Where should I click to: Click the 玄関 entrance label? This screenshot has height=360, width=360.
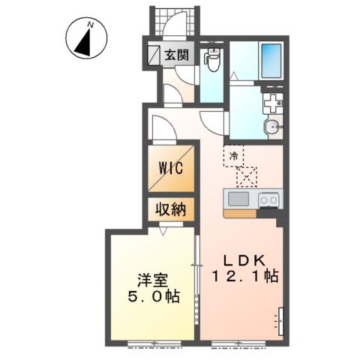pyautogui.click(x=176, y=55)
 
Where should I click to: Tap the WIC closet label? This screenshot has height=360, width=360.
pyautogui.click(x=171, y=168)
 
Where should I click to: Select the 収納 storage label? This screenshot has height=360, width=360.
pyautogui.click(x=171, y=209)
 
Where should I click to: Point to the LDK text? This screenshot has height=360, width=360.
pyautogui.click(x=244, y=261)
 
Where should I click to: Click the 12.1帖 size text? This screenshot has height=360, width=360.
pyautogui.click(x=245, y=276)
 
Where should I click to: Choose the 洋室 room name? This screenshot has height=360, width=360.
pyautogui.click(x=152, y=281)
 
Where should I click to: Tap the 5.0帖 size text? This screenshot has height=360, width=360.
pyautogui.click(x=154, y=297)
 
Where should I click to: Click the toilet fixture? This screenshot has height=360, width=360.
pyautogui.click(x=211, y=59)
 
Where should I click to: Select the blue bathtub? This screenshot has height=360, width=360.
pyautogui.click(x=271, y=61)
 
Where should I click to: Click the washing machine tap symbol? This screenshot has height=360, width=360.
pyautogui.click(x=273, y=103)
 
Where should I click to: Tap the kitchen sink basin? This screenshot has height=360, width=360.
pyautogui.click(x=238, y=199)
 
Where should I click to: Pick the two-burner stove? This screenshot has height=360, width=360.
pyautogui.click(x=268, y=200)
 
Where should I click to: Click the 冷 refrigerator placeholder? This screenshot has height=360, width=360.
pyautogui.click(x=234, y=156)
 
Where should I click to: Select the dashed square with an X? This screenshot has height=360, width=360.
pyautogui.click(x=247, y=177)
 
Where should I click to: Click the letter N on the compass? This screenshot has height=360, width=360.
pyautogui.click(x=91, y=25)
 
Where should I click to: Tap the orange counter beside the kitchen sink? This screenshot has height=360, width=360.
pyautogui.click(x=240, y=214)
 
